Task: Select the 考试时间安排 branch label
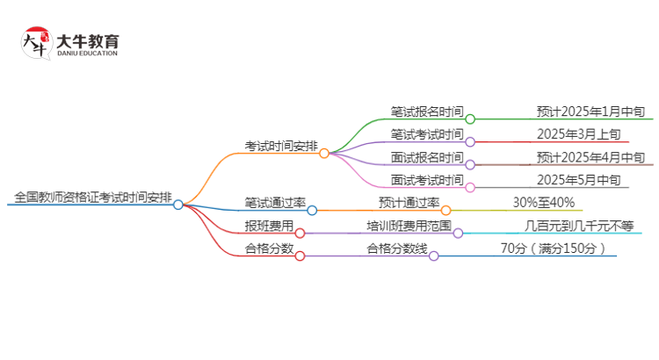(281, 146)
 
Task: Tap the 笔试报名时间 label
(426, 112)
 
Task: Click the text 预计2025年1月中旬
(590, 112)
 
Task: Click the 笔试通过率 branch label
(275, 203)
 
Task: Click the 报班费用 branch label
(269, 226)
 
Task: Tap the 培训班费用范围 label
(409, 226)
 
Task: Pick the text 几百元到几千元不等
(578, 226)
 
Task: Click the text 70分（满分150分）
(553, 248)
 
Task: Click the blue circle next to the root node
(178, 205)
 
